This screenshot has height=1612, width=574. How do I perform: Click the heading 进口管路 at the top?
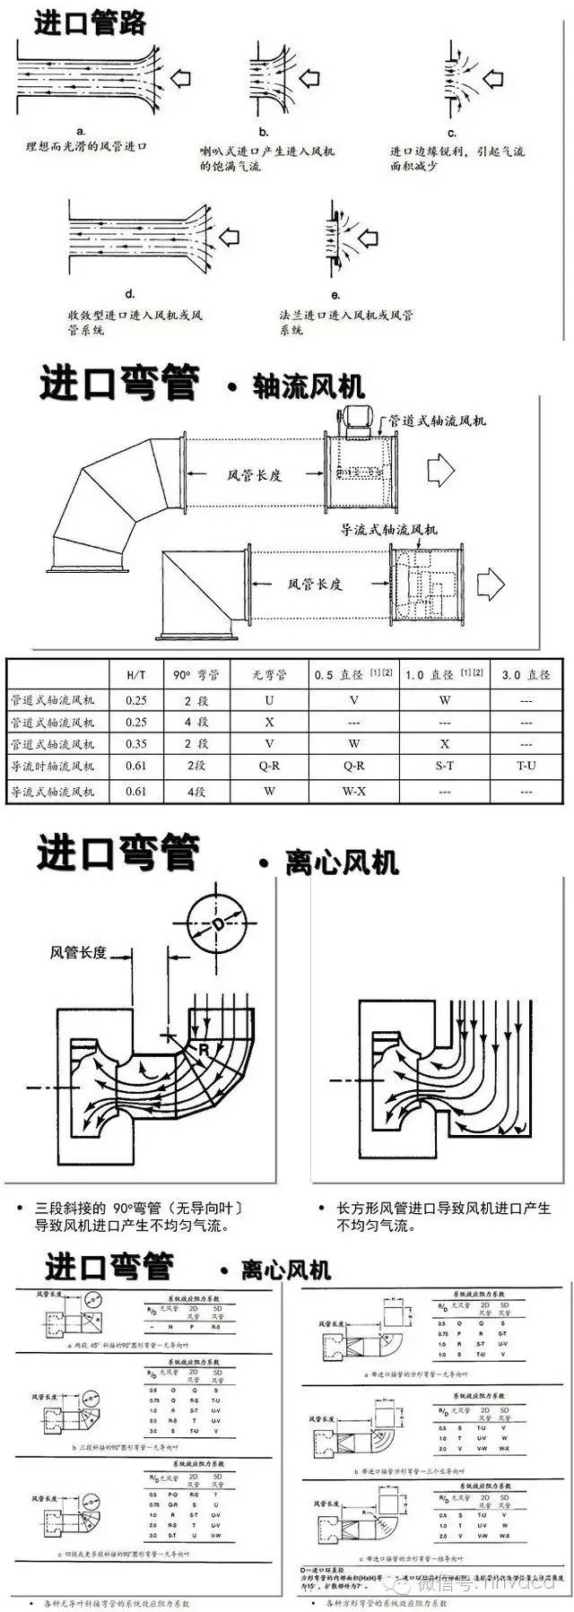[x=90, y=22]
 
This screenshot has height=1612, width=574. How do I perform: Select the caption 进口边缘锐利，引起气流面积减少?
[x=457, y=160]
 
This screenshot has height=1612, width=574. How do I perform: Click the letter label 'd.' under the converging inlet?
[x=129, y=294]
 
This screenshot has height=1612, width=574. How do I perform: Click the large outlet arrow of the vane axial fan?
[x=491, y=585]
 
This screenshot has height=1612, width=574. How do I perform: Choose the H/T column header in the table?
[x=136, y=675]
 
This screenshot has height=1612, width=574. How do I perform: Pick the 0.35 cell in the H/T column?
[x=136, y=744]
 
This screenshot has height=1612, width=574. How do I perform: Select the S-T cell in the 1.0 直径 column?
[x=445, y=767]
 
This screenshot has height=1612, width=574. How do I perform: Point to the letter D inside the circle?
[x=216, y=925]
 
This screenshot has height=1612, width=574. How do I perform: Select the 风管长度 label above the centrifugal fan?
[x=78, y=952]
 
